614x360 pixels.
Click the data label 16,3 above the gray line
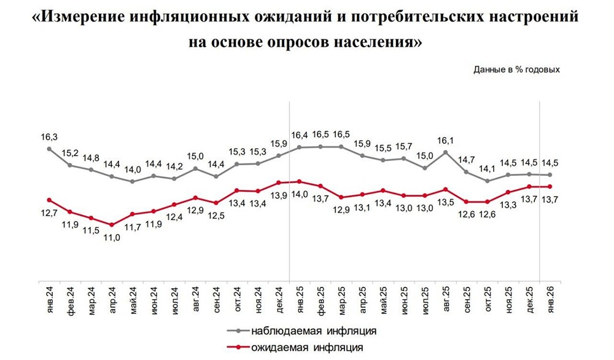(x=49, y=138)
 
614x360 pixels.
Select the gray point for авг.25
(x=445, y=152)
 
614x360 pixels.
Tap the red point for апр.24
(x=112, y=225)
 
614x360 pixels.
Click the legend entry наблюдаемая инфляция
(x=313, y=331)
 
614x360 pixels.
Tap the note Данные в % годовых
(x=516, y=69)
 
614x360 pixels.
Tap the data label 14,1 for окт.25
(x=488, y=169)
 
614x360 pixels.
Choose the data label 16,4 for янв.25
(x=299, y=135)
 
